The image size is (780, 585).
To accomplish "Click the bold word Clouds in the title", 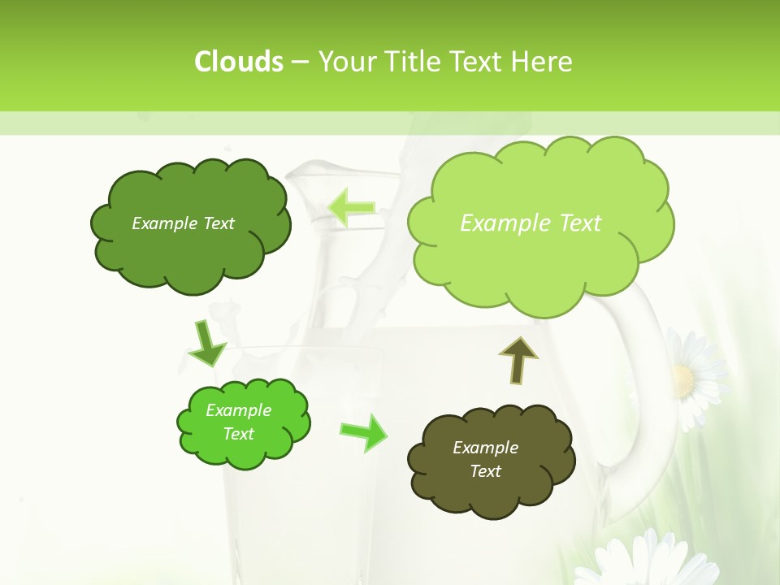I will click(238, 61).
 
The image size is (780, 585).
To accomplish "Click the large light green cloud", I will click(539, 260).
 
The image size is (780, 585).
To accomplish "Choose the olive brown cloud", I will click(491, 487).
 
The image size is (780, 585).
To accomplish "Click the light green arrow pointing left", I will click(351, 208).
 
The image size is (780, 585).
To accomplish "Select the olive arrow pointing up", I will click(518, 360).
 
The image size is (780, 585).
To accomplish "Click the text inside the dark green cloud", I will click(183, 223).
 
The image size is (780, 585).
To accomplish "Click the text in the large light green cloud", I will click(531, 223).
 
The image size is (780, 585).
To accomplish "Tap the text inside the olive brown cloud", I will click(485, 459).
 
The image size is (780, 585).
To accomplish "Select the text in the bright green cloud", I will click(238, 422).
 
